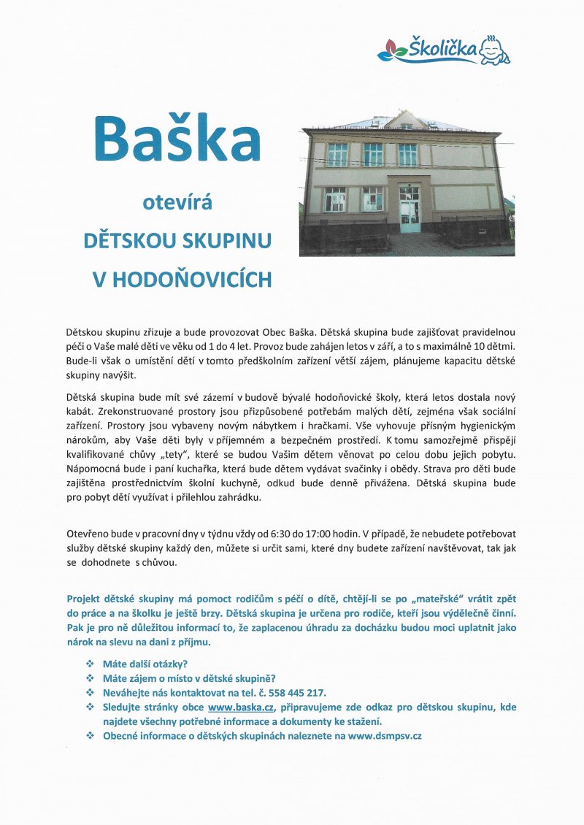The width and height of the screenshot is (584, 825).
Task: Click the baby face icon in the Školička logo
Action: [x=496, y=50]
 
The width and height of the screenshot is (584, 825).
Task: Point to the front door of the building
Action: [x=410, y=209]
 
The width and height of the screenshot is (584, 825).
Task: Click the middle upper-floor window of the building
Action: [x=373, y=154]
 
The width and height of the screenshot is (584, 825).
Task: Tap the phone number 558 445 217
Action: [x=297, y=693]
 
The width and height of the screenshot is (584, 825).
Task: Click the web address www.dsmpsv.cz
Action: [x=385, y=736]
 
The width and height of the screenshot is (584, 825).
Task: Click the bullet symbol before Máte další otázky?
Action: [x=90, y=664]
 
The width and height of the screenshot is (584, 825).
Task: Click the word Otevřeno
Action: [x=90, y=533]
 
